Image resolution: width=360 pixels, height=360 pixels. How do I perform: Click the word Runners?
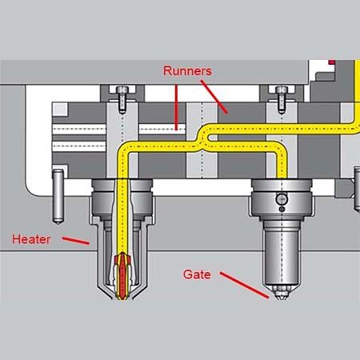click(x=187, y=71)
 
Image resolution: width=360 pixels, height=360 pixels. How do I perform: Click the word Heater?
click(x=31, y=239)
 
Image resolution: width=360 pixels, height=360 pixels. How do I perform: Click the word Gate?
click(x=197, y=274)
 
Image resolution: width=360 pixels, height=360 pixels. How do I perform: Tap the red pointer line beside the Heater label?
click(x=76, y=240)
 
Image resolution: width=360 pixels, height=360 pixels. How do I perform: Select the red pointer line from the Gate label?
click(x=244, y=285)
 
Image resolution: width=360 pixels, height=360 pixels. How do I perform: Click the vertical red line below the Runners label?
click(x=176, y=107)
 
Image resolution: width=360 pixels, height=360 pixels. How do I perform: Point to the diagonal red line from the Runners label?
click(x=214, y=97)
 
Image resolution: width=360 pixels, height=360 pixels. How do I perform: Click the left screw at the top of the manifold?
click(x=122, y=99)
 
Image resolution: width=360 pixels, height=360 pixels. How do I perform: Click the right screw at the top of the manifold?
click(x=282, y=99)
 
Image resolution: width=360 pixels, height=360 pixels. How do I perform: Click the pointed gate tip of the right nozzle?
click(x=280, y=294)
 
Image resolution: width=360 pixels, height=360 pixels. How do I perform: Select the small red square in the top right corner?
click(x=332, y=62)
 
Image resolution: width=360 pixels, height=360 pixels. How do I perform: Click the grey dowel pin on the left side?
click(x=58, y=197)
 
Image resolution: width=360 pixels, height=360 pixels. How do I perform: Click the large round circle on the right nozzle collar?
click(x=282, y=199)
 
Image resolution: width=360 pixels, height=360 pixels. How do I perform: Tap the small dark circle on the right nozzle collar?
click(x=282, y=210)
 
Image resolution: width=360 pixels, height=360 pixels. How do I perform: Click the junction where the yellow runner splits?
click(x=202, y=141)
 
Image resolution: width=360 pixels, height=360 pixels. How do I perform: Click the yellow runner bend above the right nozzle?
click(x=279, y=149)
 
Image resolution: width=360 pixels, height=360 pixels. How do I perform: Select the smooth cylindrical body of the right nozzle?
click(x=281, y=256)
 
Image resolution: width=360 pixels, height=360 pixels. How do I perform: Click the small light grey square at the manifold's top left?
click(x=60, y=110)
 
